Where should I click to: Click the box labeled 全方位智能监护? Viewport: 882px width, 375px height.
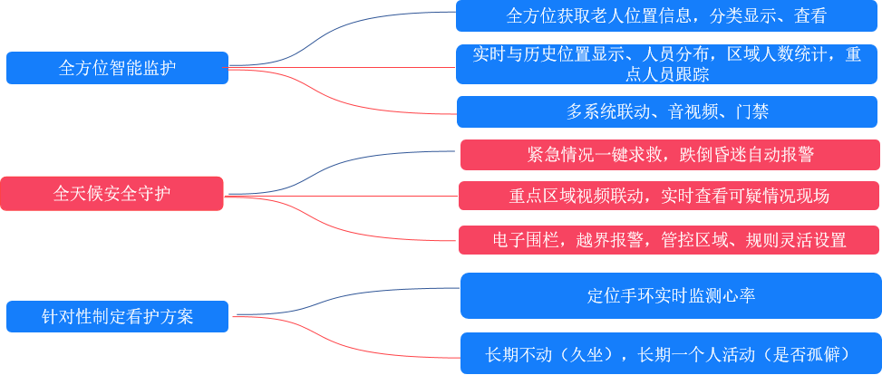coord(117,68)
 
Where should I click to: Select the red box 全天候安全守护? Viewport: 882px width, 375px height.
coord(111,194)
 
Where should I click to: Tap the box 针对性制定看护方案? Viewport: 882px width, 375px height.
coord(117,316)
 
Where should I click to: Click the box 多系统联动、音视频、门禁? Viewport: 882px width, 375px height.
coord(667,112)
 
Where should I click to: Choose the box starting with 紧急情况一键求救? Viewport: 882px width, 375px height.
coord(670,155)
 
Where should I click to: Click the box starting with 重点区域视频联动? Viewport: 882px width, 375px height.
coord(669,196)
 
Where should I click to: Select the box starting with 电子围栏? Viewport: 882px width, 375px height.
coord(669,240)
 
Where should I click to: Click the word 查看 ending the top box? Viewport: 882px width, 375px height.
coord(810,16)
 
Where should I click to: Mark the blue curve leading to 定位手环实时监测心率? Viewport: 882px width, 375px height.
coord(347,301)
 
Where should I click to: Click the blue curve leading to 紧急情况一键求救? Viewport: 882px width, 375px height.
coord(339,172)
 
